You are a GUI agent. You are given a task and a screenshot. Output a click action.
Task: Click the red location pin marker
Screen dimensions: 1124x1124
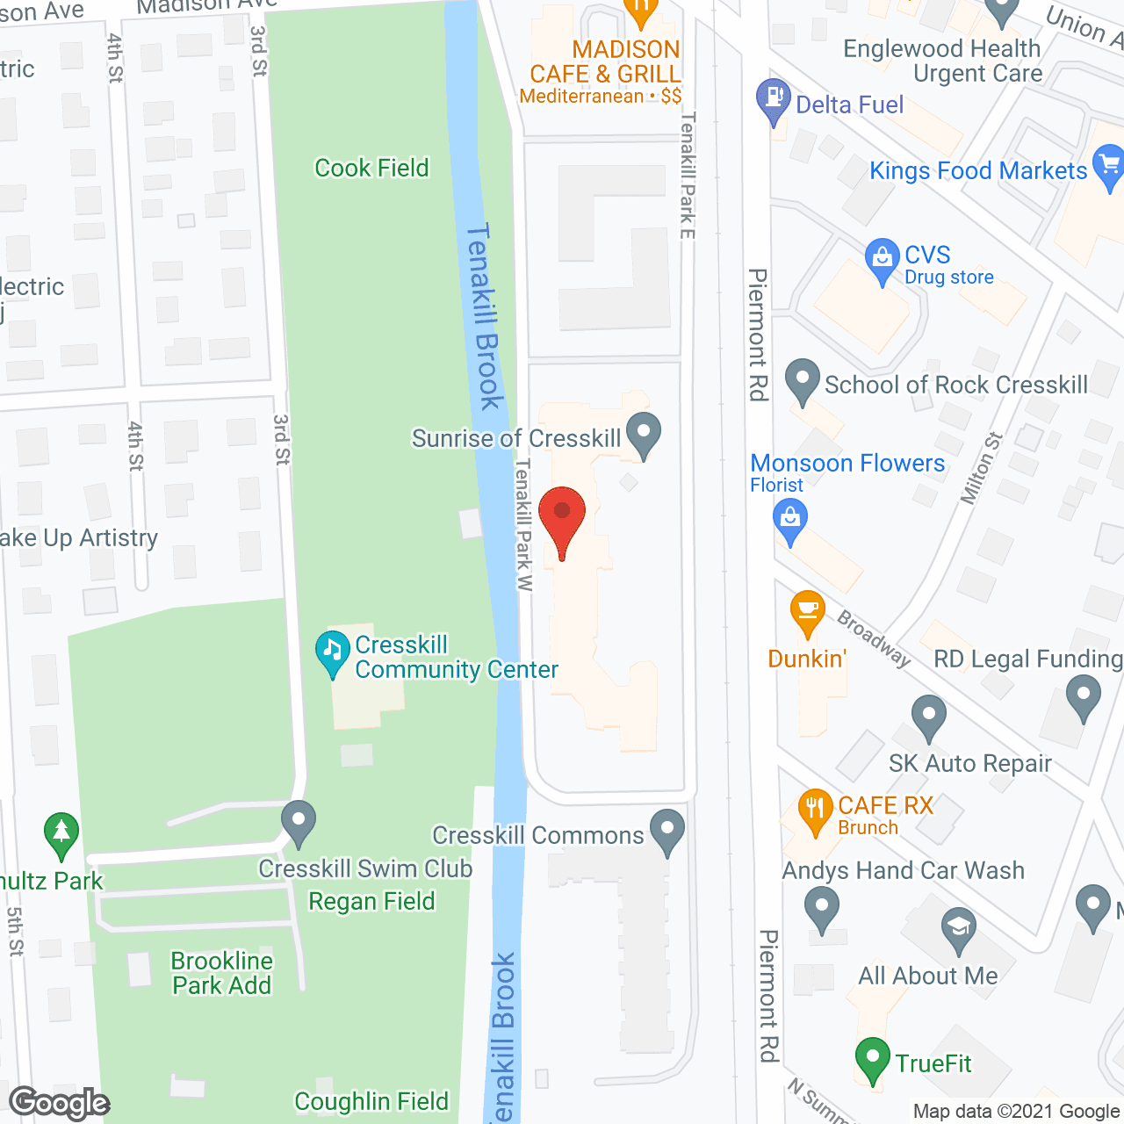562,519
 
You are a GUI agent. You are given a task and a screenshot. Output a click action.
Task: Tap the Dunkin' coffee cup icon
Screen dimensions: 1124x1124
807,612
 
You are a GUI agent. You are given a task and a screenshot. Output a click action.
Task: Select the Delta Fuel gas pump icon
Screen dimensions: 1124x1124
773,100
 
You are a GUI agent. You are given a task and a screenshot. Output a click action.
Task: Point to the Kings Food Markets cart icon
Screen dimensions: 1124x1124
1108,166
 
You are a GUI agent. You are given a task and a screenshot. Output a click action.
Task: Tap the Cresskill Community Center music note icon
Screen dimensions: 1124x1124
333,652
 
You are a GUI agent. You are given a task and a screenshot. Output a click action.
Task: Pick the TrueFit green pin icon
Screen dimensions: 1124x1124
872,1058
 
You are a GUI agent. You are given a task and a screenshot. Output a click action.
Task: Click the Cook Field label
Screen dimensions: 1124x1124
371,168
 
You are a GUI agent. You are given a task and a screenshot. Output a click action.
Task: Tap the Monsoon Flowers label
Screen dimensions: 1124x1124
847,463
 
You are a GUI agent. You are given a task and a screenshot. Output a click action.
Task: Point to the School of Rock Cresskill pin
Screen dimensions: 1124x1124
802,380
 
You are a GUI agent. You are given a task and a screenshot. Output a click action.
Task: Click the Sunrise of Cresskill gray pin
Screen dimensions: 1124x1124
645,434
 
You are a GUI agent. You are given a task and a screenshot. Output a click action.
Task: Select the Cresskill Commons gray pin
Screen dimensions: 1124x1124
667,831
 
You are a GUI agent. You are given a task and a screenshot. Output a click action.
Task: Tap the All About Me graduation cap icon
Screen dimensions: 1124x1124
959,928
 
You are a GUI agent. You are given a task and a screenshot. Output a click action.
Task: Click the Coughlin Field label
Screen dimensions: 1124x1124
371,1101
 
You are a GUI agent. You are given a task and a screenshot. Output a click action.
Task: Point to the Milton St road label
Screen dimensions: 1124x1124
981,468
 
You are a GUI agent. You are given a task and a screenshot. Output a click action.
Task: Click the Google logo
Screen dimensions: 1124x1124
60,1103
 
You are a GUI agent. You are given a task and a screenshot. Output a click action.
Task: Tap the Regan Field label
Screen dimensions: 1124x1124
371,901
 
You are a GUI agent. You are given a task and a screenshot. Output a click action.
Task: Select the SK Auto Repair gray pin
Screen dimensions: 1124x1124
928,717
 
